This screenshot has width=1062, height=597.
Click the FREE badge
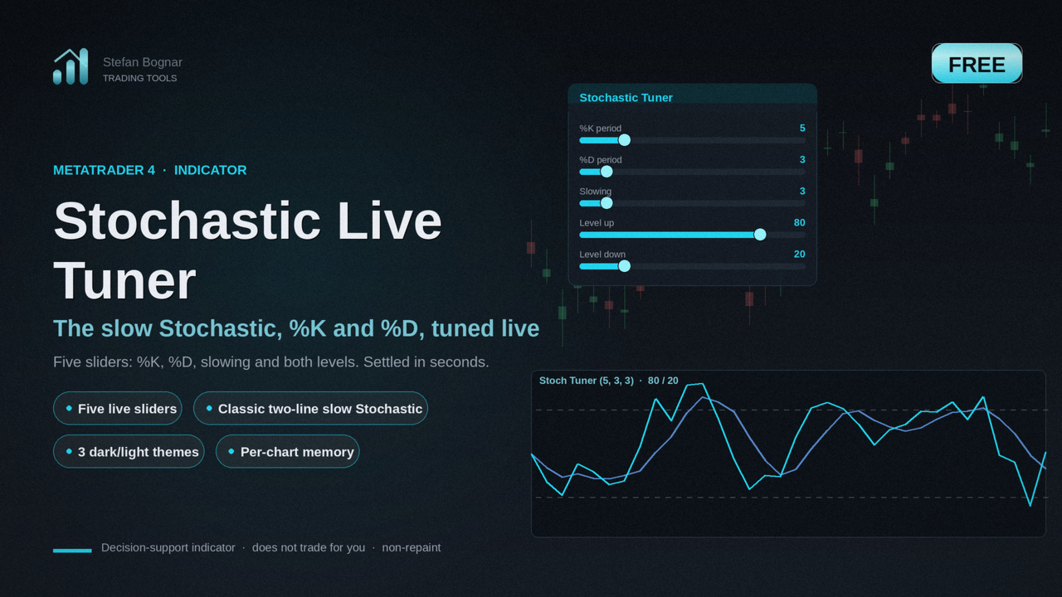pos(977,64)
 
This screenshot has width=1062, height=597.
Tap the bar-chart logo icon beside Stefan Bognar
pos(71,66)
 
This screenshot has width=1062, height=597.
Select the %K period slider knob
pos(625,140)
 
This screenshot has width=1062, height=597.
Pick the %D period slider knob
pos(607,172)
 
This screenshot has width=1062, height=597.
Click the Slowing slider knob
pos(607,203)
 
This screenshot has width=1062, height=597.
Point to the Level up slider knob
pos(760,235)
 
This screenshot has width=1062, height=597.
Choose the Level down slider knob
pos(625,266)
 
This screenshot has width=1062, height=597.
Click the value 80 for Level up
pos(799,223)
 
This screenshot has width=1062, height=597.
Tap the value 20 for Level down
pos(799,255)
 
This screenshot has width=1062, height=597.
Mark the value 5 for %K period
pos(802,129)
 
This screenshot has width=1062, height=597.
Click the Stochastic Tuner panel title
pos(626,98)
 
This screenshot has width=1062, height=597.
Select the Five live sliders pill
pos(118,409)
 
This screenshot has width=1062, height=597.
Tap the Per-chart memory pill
pos(288,452)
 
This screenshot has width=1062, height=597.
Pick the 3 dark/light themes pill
pos(129,452)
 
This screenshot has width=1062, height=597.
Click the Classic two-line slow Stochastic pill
pos(310,409)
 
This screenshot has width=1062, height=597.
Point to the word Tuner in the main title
pos(124,281)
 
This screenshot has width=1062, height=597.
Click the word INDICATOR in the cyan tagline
pos(210,170)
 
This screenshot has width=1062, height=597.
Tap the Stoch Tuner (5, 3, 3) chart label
pos(586,381)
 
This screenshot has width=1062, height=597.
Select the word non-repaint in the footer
pos(411,548)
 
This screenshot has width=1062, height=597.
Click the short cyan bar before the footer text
pos(72,551)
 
